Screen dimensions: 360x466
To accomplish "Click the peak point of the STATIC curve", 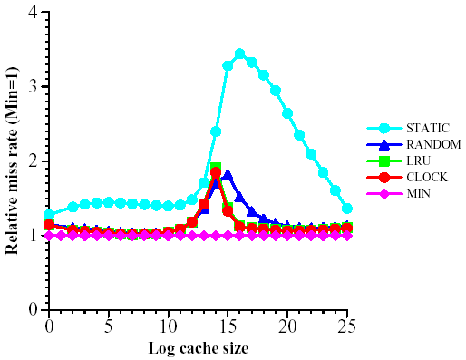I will click(x=240, y=54).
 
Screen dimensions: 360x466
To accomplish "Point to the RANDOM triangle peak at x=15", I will click(x=228, y=174).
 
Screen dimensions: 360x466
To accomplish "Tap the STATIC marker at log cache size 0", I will click(x=49, y=215).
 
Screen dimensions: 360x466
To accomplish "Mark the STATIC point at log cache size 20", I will click(x=287, y=113).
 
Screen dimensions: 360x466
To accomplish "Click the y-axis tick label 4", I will click(x=34, y=13).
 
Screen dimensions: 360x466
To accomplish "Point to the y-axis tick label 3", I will click(x=34, y=87).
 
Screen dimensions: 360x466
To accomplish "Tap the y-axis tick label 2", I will click(x=34, y=161).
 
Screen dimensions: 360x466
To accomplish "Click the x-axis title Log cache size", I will click(x=198, y=348).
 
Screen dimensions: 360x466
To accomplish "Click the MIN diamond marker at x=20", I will click(x=287, y=235).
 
